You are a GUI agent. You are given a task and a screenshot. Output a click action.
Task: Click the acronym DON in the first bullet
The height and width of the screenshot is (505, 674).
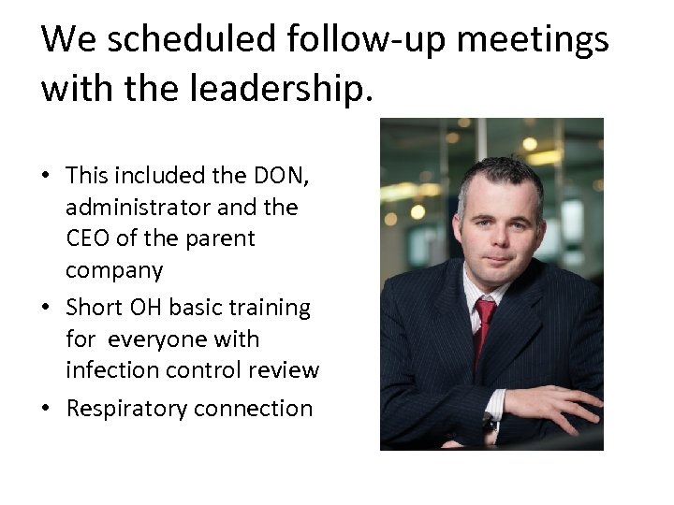pos(271,175)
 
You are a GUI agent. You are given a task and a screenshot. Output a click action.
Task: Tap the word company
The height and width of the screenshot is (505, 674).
pos(114,271)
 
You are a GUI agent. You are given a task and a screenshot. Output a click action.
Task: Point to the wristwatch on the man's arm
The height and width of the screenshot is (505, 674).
pos(488,426)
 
